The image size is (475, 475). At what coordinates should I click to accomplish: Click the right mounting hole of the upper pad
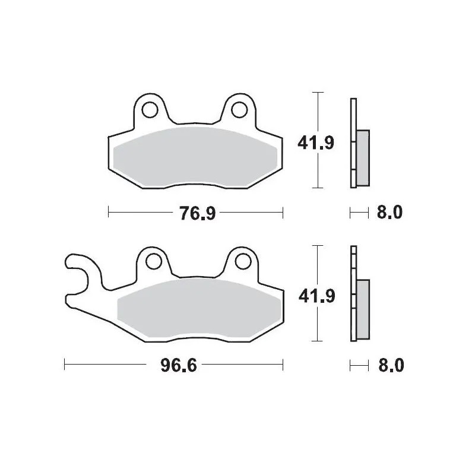click(240, 110)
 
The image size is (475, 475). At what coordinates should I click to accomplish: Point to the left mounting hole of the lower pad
click(151, 261)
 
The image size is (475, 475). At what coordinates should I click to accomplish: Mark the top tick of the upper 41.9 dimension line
click(319, 93)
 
